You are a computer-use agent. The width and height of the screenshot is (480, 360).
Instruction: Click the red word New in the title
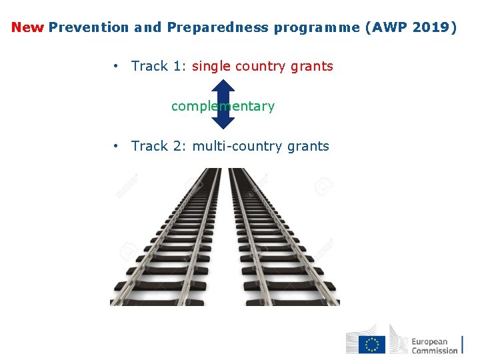(x=27, y=28)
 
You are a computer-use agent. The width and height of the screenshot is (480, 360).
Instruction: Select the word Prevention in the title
(x=89, y=28)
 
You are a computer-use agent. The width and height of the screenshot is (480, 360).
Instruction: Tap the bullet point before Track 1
(x=116, y=66)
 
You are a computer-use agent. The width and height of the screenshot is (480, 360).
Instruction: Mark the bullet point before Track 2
(x=116, y=146)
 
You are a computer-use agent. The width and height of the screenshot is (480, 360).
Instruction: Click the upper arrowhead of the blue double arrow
(x=223, y=86)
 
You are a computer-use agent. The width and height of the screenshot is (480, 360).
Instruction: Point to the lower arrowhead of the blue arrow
(x=223, y=122)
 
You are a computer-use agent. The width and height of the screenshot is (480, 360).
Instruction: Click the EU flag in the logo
(x=372, y=344)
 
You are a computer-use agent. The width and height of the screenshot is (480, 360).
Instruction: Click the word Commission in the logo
(x=434, y=350)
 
